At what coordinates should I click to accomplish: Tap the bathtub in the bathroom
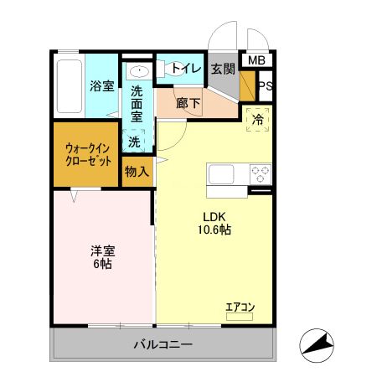pos(70,87)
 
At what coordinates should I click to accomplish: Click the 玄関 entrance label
pos(222,70)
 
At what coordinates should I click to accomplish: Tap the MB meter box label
pos(256,60)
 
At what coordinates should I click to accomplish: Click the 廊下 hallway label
pos(188,105)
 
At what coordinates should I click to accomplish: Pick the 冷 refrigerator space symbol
pos(259,120)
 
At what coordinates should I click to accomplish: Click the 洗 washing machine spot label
pos(134,142)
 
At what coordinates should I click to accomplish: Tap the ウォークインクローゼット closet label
pos(89,155)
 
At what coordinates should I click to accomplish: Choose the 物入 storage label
pos(137,172)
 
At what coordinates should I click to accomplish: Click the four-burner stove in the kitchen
pos(261,175)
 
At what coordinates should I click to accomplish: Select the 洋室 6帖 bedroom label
pos(102,256)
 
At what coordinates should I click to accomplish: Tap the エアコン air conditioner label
pos(240,307)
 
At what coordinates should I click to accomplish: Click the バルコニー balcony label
pos(163,345)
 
